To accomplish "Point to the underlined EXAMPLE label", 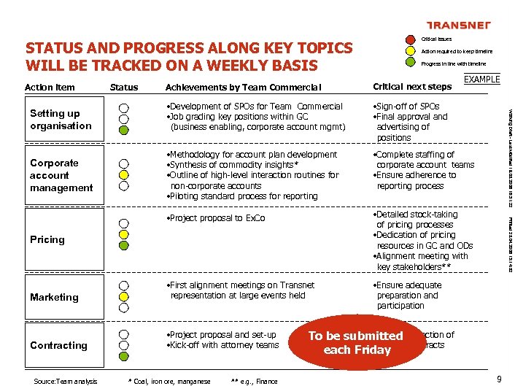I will pos(481,80).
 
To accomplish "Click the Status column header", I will pos(123,88).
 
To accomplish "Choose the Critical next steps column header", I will pos(412,88).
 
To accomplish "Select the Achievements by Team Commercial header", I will pos(243,88).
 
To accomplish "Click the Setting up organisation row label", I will pos(61,120).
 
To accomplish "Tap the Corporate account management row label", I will pos(61,175).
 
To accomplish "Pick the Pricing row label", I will pos(47,239).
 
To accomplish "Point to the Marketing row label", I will pos(54,297).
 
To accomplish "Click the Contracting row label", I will pos(58,345).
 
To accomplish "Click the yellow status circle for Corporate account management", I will pos(124,175).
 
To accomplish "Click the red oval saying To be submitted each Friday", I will pos(355,342).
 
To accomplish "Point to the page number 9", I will pos(498,379).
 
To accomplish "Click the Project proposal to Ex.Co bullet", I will pos(216,218).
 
